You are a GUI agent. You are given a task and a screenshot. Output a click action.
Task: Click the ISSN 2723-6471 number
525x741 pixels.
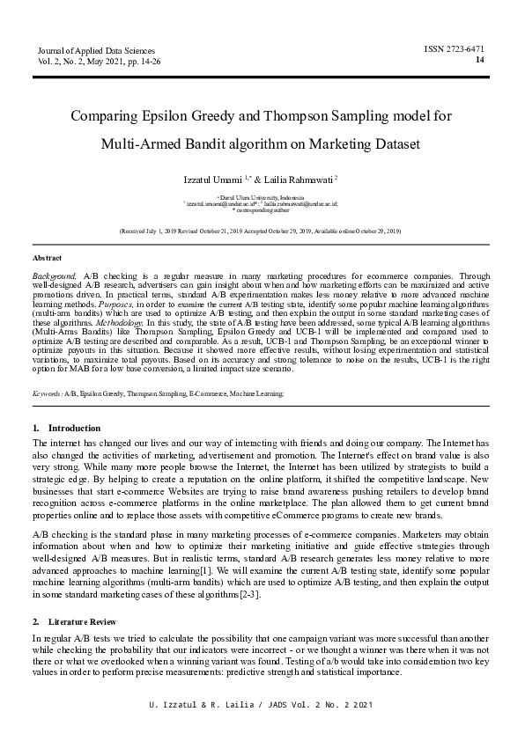454,48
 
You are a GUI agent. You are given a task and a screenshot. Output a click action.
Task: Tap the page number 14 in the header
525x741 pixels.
479,60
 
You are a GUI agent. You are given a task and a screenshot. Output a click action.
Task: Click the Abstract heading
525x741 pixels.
47,258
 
